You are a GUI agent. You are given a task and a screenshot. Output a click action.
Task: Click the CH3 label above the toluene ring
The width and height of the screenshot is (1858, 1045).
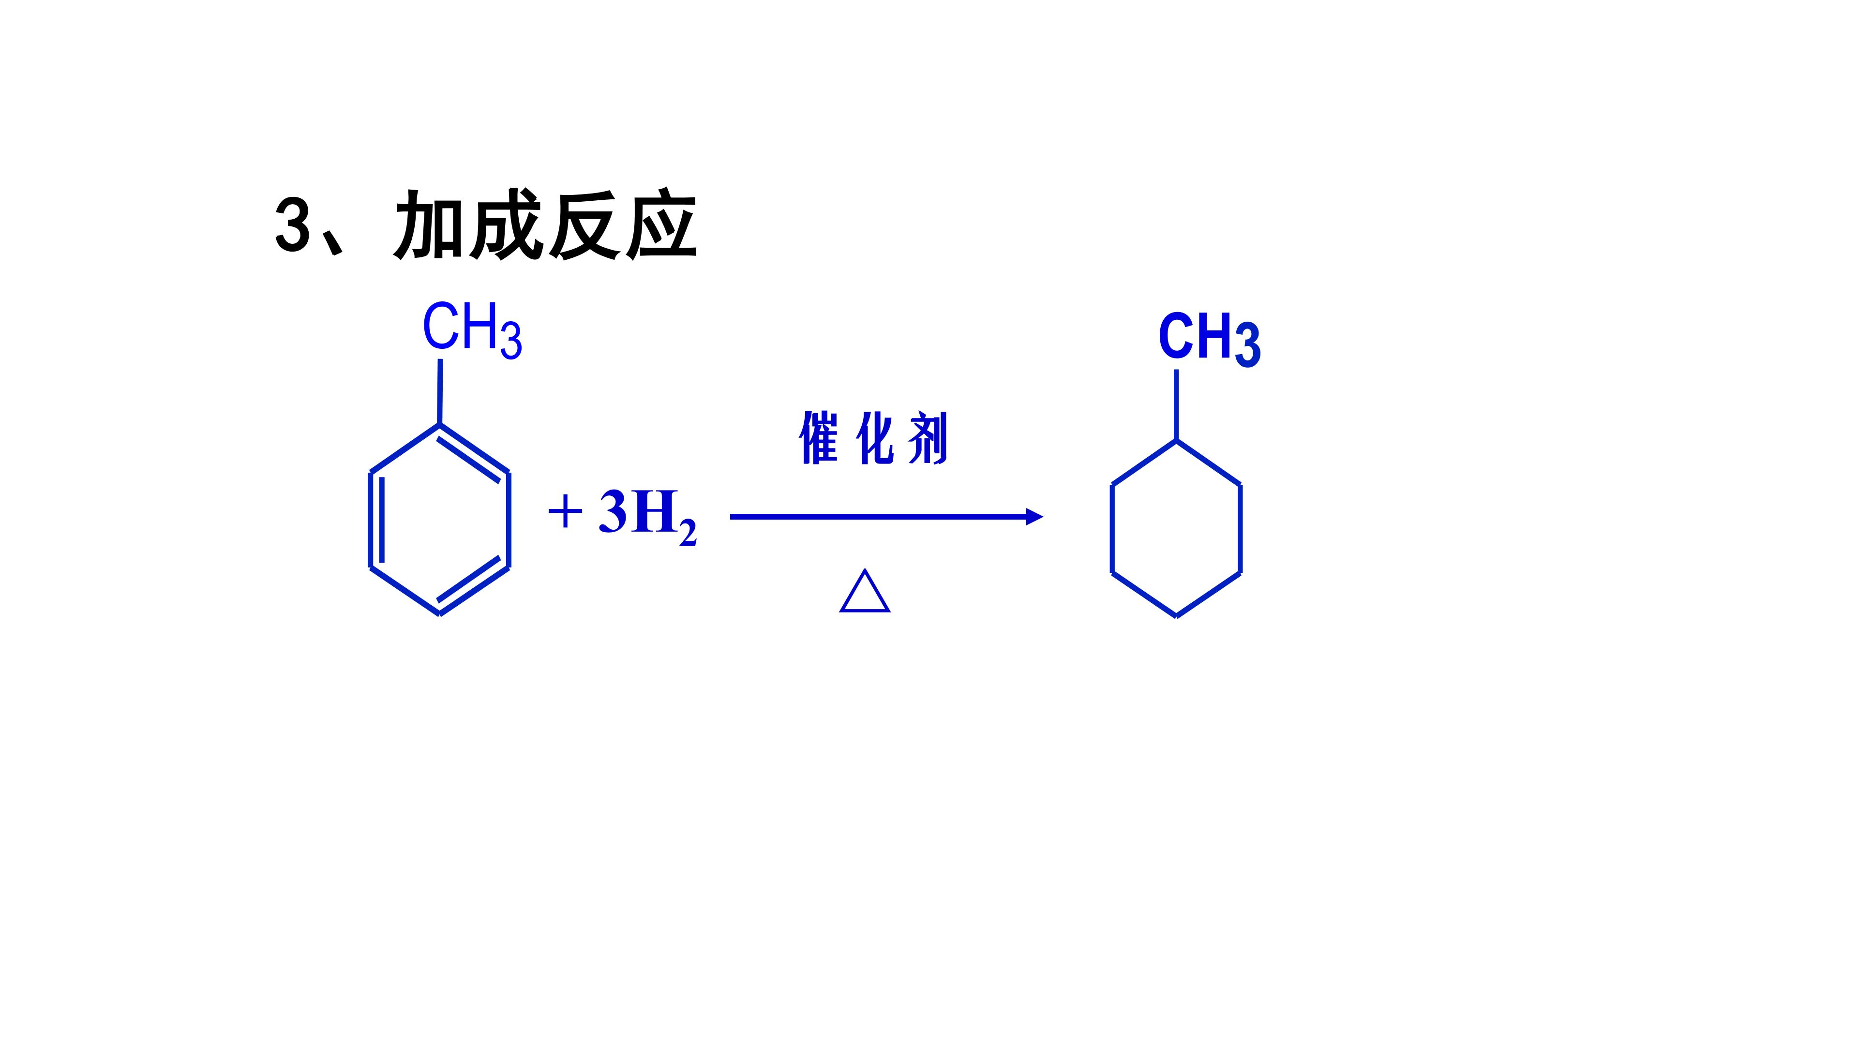(x=472, y=330)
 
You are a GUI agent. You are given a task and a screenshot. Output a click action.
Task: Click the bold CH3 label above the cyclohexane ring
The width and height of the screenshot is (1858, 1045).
(x=1210, y=339)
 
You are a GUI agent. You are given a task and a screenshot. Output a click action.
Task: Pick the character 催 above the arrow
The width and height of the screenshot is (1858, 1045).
(x=819, y=438)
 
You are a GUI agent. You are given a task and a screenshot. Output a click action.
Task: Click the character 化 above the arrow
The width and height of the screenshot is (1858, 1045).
(x=874, y=438)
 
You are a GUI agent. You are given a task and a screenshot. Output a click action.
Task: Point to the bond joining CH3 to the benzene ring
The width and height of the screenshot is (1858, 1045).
(x=440, y=391)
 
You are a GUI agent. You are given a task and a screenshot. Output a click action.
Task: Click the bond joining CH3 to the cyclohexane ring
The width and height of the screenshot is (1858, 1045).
(x=1176, y=404)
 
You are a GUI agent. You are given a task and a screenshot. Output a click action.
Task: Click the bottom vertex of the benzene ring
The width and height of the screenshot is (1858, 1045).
(x=440, y=614)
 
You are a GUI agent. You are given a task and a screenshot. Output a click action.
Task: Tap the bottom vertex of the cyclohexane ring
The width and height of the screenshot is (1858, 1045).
(x=1176, y=617)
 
